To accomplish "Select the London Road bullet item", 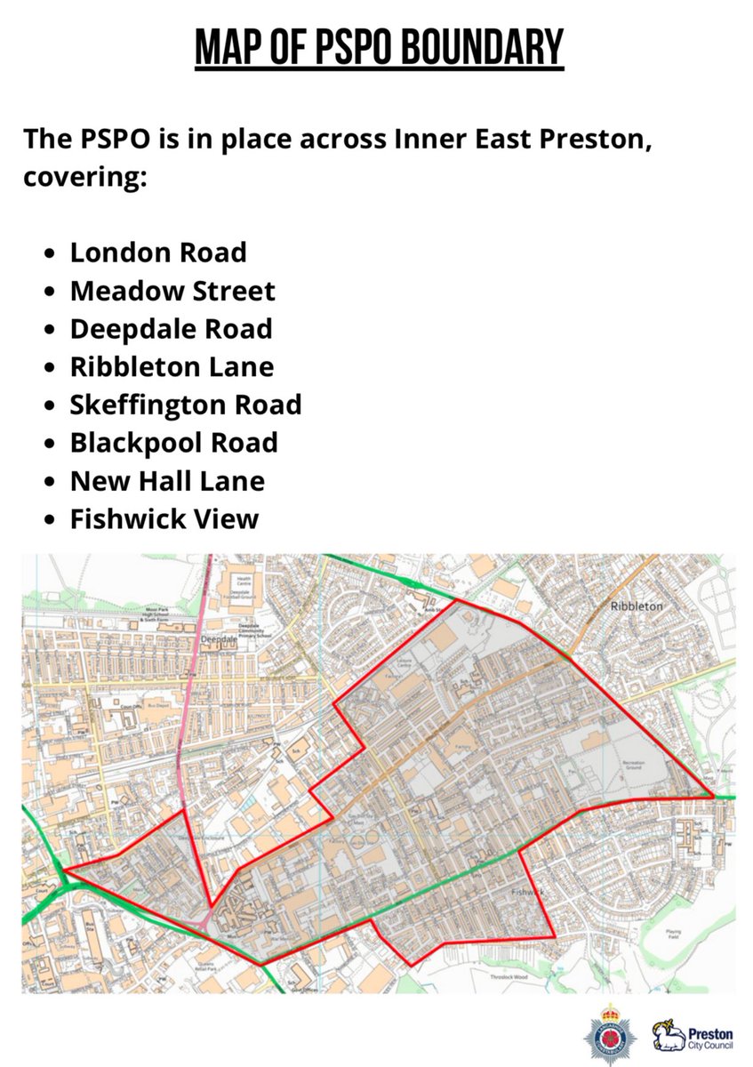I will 158,253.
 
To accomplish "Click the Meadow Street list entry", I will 172,291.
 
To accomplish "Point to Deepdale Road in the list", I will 171,329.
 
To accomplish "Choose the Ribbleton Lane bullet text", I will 172,366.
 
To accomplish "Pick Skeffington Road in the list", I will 186,405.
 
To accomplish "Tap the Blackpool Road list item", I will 173,443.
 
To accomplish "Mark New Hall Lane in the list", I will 167,481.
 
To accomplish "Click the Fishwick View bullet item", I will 164,519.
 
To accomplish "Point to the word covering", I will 84,177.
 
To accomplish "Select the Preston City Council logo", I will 693,1036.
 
